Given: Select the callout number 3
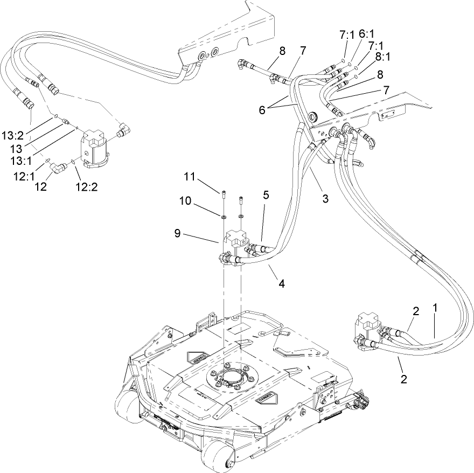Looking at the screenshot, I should (x=325, y=198).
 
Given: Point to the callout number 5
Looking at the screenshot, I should (x=266, y=194).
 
